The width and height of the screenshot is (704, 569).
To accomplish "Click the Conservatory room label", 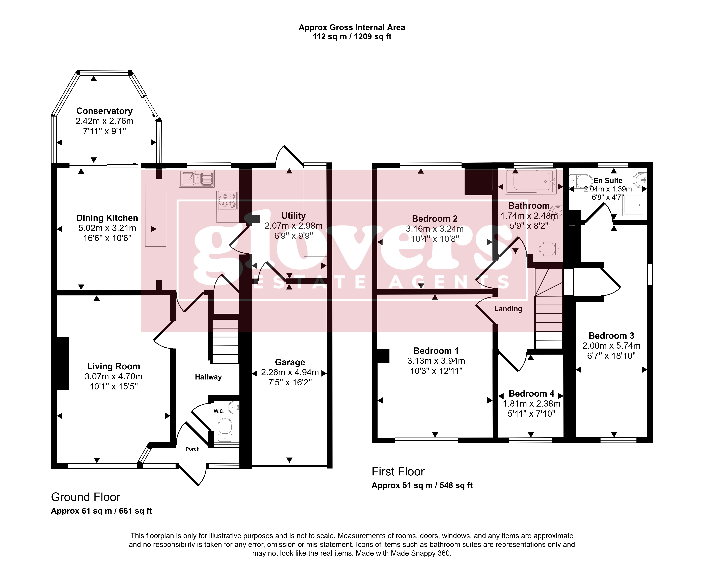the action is pos(105,111).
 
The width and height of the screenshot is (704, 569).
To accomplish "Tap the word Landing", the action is pos(508,309).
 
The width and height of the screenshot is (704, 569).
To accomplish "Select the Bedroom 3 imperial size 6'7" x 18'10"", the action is pos(611,356).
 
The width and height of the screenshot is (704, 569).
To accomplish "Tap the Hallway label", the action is pos(208,377).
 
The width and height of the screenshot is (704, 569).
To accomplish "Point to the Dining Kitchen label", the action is pos(107,218).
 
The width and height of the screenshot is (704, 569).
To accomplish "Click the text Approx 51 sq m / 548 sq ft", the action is pos(422,485).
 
